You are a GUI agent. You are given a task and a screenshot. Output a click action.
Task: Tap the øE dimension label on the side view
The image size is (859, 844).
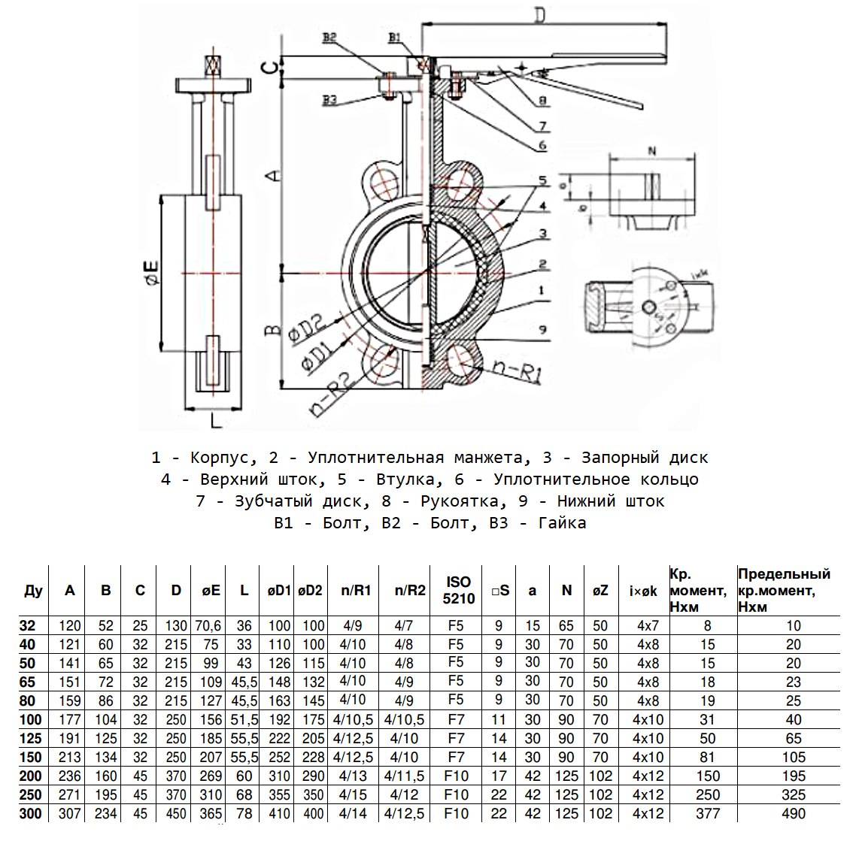(150, 272)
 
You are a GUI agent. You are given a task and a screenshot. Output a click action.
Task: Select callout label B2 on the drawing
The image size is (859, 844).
(329, 38)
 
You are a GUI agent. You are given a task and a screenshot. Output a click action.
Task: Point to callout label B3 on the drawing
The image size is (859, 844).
(329, 100)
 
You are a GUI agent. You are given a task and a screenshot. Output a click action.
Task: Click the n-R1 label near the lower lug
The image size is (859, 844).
(518, 370)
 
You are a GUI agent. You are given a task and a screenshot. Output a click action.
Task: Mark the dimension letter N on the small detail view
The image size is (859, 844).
(651, 150)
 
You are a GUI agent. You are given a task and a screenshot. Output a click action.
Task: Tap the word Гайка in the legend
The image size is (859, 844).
(562, 523)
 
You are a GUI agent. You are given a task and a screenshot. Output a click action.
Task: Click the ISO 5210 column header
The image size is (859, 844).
(458, 591)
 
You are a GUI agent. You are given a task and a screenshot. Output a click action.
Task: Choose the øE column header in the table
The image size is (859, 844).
(211, 591)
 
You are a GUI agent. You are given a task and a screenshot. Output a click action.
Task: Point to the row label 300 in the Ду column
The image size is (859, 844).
(31, 813)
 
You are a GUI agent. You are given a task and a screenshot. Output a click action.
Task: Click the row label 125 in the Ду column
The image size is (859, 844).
(31, 738)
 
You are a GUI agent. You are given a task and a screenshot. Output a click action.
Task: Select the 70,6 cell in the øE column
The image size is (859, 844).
(208, 625)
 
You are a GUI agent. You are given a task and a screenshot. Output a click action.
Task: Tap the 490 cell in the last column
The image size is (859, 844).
(794, 813)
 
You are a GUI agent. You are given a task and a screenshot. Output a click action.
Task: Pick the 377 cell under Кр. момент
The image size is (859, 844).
(707, 813)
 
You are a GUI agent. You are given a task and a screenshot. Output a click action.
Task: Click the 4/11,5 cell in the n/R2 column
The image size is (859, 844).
(404, 776)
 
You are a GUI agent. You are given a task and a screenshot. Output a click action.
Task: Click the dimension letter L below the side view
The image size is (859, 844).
(216, 421)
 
